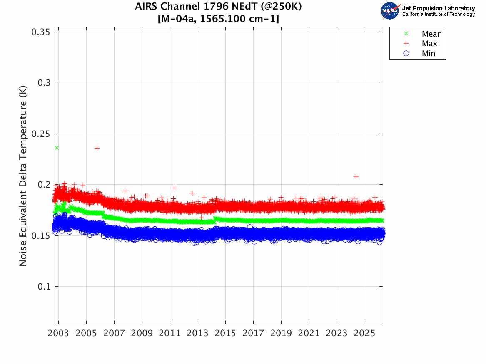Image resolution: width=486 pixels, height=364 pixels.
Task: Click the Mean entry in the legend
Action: [431, 34]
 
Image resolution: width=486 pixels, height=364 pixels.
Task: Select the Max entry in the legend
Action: [429, 44]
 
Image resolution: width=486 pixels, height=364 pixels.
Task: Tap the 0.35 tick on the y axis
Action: [41, 32]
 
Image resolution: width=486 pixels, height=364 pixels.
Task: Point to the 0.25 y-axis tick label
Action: [41, 134]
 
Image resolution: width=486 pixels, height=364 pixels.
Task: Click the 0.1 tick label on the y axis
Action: [43, 287]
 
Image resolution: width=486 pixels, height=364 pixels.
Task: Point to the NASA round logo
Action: [390, 11]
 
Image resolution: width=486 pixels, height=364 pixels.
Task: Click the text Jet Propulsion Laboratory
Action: [438, 8]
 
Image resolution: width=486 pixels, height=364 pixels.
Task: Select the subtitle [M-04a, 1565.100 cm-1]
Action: [219, 19]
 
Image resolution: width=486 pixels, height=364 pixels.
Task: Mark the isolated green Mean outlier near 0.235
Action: [57, 148]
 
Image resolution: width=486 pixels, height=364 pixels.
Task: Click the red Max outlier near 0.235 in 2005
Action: [97, 148]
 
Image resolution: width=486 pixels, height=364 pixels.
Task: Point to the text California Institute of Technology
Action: [438, 15]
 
